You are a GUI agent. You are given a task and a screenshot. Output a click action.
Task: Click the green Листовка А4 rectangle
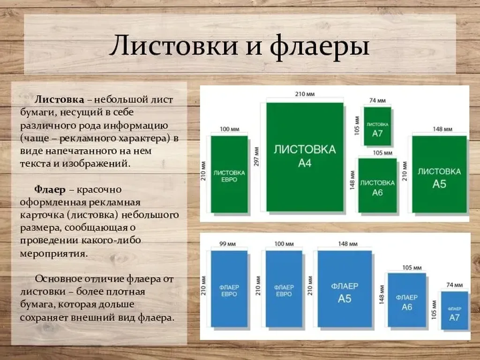[305, 157]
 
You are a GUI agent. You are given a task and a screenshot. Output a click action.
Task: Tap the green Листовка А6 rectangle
[377, 186]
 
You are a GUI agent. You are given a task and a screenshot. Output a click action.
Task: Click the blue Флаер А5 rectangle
[345, 289]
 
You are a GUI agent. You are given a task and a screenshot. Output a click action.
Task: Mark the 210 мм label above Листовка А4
[305, 95]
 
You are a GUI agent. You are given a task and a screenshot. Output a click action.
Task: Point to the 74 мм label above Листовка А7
[377, 100]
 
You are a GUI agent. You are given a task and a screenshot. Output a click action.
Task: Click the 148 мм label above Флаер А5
[348, 244]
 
